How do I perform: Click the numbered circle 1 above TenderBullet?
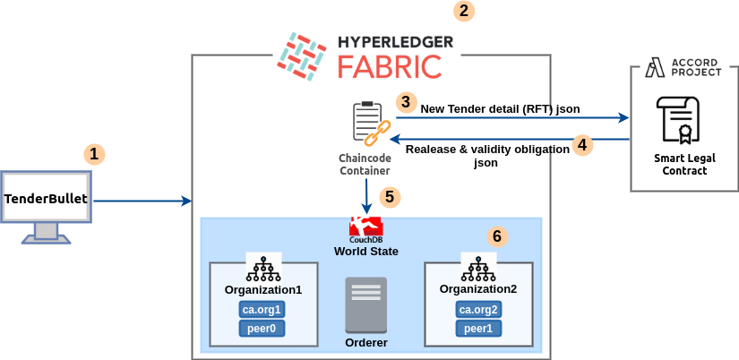coord(94,153)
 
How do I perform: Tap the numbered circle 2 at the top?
coord(463,11)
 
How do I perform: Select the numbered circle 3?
coord(407,102)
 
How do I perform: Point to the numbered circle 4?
coord(583,144)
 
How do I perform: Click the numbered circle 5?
coord(388,195)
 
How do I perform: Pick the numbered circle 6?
coord(498,236)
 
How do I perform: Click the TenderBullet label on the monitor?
coord(47,198)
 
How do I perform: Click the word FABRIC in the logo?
coord(389,65)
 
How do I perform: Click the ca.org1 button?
coord(262,310)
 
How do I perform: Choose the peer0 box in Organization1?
coord(262,329)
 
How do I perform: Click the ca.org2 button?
coord(477,310)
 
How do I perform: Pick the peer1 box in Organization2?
coord(477,329)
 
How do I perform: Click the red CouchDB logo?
coord(365,226)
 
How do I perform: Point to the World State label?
coord(365,252)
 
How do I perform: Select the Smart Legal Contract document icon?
coord(678,122)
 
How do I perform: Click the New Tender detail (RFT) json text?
coord(500,109)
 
